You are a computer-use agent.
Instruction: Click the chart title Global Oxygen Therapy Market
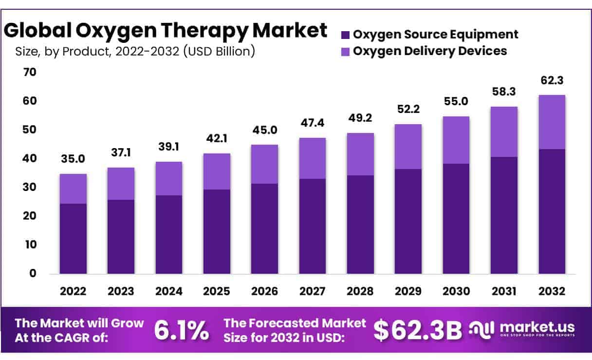[166, 30]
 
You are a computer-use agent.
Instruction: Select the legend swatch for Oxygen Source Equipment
[346, 35]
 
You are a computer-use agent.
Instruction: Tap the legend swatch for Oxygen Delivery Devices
[346, 51]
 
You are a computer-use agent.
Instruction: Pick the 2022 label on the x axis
[73, 291]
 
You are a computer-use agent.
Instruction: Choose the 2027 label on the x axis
[312, 291]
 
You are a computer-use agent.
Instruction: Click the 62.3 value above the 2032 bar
[552, 80]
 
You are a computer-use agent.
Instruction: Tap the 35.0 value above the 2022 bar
[73, 158]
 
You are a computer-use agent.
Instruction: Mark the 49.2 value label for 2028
[360, 118]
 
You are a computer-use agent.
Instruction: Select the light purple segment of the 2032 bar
[552, 122]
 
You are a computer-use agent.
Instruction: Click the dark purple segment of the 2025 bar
[217, 231]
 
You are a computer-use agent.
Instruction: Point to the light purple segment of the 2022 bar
[73, 189]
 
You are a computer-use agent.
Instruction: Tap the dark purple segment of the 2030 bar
[456, 219]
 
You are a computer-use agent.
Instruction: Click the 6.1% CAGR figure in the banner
[182, 330]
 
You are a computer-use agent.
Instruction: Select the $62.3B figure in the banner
[418, 330]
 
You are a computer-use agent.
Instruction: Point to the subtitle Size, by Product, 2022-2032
[135, 51]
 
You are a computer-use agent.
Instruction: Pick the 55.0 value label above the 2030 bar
[456, 101]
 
